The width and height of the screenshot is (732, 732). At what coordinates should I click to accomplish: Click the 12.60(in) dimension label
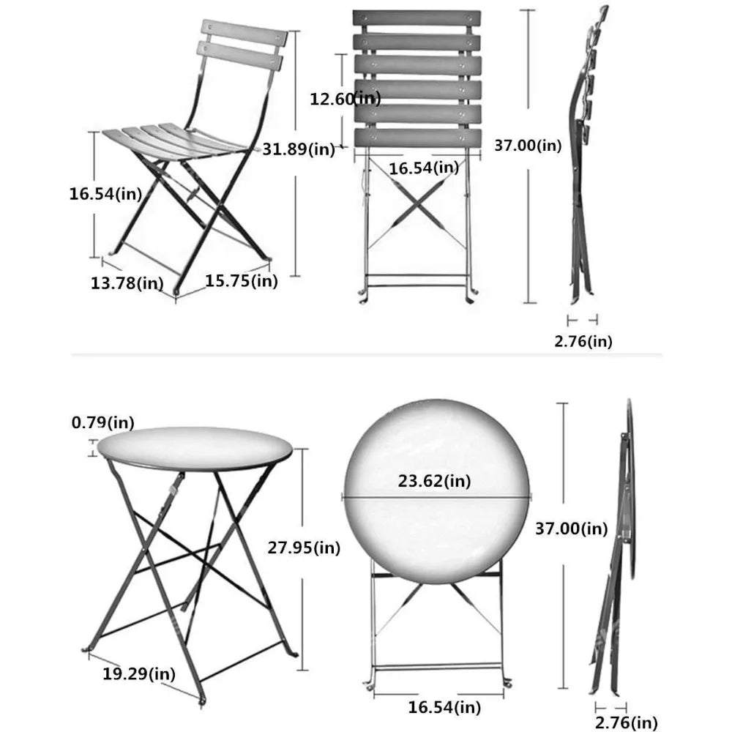click(x=345, y=98)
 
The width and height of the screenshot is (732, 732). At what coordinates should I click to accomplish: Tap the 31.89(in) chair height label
click(x=299, y=149)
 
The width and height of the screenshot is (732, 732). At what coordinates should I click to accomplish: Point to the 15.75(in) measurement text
click(x=241, y=280)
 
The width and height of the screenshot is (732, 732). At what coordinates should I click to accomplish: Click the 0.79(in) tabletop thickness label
click(x=102, y=422)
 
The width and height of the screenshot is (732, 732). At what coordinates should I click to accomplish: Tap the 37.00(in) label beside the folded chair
click(x=528, y=146)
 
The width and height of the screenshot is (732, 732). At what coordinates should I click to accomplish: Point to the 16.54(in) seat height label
click(x=105, y=194)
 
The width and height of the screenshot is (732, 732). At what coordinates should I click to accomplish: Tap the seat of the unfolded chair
click(x=172, y=139)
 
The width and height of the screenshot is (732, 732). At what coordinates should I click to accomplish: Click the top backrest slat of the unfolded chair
click(x=243, y=34)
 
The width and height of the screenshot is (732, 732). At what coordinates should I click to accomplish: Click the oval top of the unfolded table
click(x=194, y=449)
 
